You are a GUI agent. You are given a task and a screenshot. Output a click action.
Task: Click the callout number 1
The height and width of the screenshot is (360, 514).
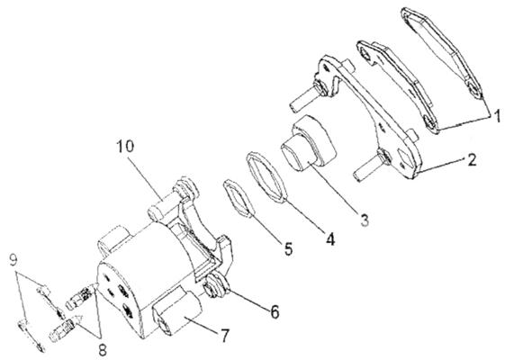(x=497, y=116)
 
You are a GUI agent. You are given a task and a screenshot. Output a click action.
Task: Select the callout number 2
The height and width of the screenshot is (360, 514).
(x=472, y=160)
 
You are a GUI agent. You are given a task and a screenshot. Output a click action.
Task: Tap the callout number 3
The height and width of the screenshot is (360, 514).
(x=365, y=220)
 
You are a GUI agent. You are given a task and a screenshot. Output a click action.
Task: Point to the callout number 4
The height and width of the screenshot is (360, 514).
(x=330, y=239)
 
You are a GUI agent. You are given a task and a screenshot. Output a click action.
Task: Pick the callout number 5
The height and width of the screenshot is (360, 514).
(x=288, y=249)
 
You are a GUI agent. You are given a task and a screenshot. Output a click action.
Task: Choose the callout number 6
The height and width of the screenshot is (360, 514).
(x=275, y=311)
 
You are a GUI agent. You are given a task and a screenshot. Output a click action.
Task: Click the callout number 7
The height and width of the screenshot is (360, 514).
(x=224, y=336)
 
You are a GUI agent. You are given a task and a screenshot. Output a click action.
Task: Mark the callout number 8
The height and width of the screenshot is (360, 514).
(x=103, y=350)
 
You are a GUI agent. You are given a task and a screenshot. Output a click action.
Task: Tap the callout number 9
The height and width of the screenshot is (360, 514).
(x=14, y=260)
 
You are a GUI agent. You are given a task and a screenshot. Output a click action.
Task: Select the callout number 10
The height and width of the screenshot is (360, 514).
(x=125, y=146)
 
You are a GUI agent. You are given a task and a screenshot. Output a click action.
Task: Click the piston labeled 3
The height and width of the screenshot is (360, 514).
(x=309, y=143)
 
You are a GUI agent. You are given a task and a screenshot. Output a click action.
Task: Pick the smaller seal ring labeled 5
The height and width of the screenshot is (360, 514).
(x=239, y=198)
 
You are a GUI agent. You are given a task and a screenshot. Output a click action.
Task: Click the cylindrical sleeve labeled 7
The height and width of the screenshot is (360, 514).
(x=177, y=312)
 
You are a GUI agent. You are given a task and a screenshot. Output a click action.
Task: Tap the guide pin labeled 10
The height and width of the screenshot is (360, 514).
(x=164, y=205)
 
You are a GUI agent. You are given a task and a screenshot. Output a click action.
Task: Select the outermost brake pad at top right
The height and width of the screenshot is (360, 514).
(x=443, y=52)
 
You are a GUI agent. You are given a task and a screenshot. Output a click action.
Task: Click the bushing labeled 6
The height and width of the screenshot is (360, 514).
(x=217, y=286)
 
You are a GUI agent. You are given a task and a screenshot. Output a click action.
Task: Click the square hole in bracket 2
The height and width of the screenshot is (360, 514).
(x=404, y=159)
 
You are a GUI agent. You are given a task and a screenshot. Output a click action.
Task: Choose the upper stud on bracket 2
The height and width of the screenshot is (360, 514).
(x=308, y=94)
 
